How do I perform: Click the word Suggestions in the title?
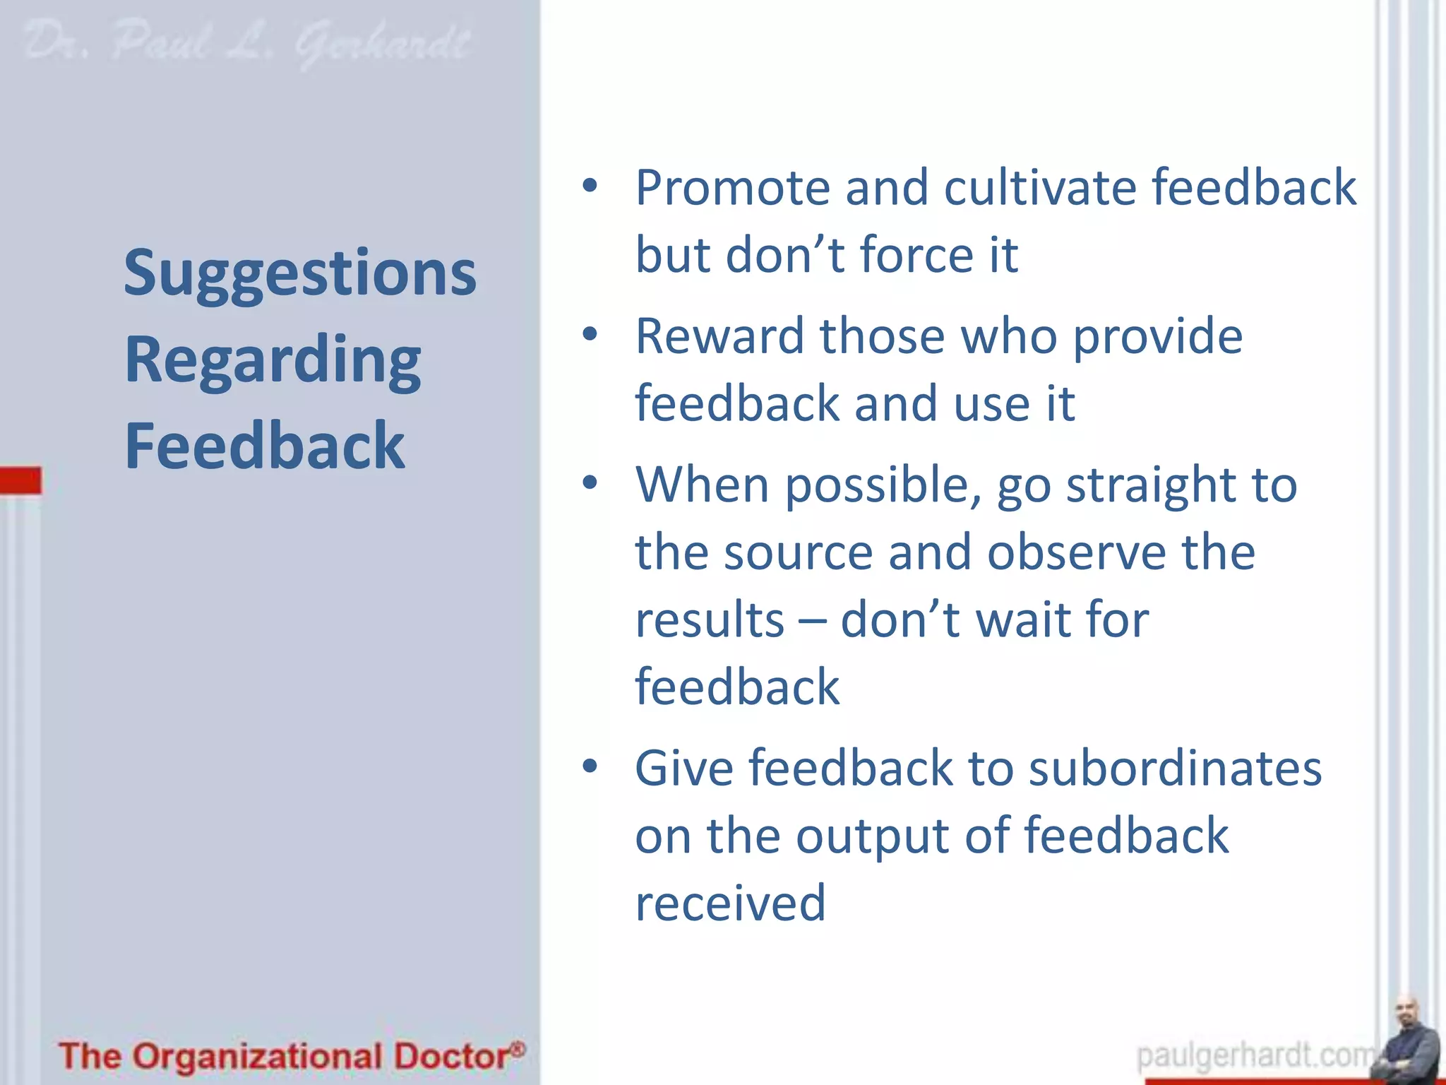pyautogui.click(x=300, y=274)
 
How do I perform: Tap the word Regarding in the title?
pyautogui.click(x=273, y=361)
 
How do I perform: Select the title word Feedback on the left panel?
pyautogui.click(x=265, y=446)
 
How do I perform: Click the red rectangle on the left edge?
pyautogui.click(x=20, y=480)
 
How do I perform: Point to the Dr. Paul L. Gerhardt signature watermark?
pyautogui.click(x=247, y=44)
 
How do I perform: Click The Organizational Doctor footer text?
pyautogui.click(x=292, y=1057)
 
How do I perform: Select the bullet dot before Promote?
pyautogui.click(x=590, y=186)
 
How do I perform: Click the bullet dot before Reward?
pyautogui.click(x=590, y=335)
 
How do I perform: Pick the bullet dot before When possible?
pyautogui.click(x=590, y=484)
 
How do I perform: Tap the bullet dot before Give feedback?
pyautogui.click(x=590, y=766)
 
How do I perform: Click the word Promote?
pyautogui.click(x=732, y=188)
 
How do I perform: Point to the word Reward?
pyautogui.click(x=719, y=336)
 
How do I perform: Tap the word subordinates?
pyautogui.click(x=1175, y=769)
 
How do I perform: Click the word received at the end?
pyautogui.click(x=730, y=903)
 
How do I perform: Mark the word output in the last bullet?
pyautogui.click(x=873, y=836)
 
